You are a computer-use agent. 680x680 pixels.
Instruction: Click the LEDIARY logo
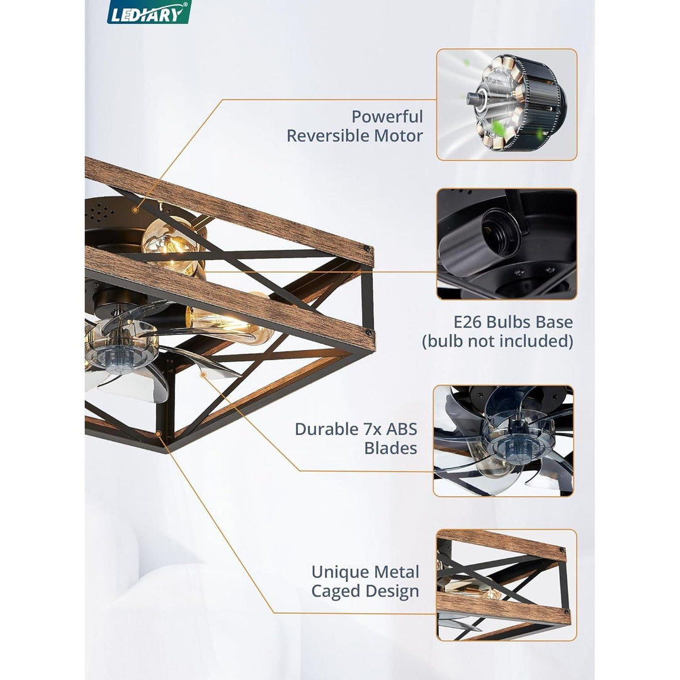click(x=149, y=13)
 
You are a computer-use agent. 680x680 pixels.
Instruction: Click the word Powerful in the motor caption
click(x=387, y=116)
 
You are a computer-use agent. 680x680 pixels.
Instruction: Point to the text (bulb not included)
click(x=497, y=341)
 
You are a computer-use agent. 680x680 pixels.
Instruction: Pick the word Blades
click(x=390, y=448)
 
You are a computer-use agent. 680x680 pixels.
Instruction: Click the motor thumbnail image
click(x=506, y=105)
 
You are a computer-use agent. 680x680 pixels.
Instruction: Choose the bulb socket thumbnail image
click(x=506, y=244)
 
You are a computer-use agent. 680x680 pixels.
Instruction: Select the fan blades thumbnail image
click(x=503, y=441)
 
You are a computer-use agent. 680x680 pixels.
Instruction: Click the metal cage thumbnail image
click(x=506, y=585)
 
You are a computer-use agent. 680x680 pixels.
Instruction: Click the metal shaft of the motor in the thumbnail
click(x=474, y=98)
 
